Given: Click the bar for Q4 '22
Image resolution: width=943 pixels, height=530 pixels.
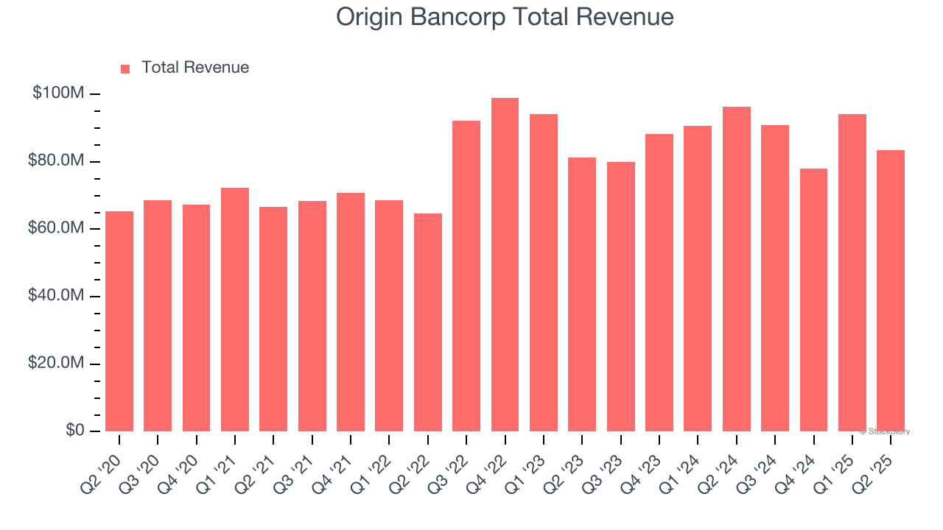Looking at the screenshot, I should point(505,265).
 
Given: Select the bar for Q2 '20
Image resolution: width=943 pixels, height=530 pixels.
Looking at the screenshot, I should point(119,321).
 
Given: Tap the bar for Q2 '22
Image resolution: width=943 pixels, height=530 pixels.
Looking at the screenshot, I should point(428,322).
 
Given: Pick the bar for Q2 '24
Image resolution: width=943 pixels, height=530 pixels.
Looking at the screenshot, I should point(737,269).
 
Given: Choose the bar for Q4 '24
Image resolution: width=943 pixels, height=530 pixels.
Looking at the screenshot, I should point(813,300).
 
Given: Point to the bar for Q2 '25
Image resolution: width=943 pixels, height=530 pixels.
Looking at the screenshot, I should point(891,291).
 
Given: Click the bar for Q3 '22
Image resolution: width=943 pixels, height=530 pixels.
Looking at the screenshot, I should point(466,276).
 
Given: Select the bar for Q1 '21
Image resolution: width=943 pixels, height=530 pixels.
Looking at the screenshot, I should point(235,309).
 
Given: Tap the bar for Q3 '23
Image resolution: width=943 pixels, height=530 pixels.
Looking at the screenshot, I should point(621,297).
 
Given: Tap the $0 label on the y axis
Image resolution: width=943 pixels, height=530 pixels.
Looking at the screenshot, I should point(74,431).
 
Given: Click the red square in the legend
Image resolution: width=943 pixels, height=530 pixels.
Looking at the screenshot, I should point(125,69).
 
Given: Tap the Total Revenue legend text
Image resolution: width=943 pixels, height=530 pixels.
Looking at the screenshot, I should point(195,68).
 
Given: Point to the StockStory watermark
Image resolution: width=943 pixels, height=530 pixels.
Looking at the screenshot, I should point(885,431).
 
